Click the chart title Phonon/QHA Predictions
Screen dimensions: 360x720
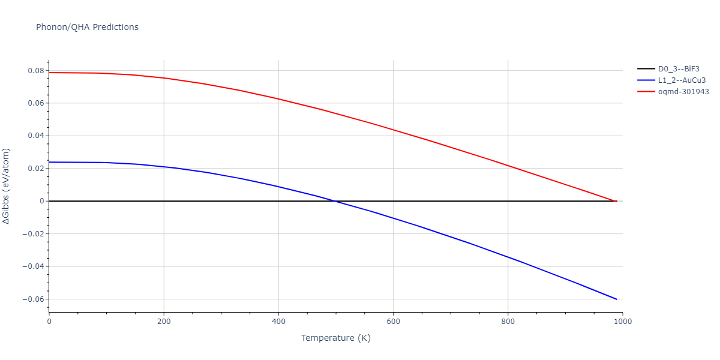pos(87,27)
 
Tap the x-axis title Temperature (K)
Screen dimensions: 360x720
pos(335,338)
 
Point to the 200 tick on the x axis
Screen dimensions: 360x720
pos(164,321)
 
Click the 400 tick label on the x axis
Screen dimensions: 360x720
pos(278,321)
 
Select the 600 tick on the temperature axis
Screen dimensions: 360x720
pos(393,321)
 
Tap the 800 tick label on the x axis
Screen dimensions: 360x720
pos(508,321)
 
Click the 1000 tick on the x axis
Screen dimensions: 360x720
pos(622,321)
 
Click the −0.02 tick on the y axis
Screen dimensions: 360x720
pos(33,234)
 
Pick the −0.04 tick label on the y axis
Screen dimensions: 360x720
pos(33,266)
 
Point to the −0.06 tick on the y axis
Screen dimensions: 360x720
pos(33,299)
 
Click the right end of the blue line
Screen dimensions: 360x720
pos(616,299)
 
